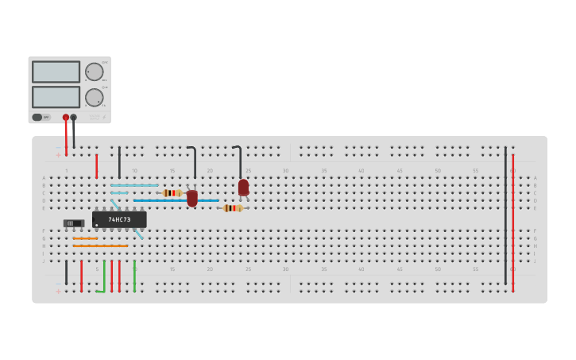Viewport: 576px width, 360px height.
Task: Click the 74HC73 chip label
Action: [x=119, y=219]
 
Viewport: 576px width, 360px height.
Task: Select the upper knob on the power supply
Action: [x=95, y=72]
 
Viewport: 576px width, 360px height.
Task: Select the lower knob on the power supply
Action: [x=95, y=98]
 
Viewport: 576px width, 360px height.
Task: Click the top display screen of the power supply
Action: [x=56, y=72]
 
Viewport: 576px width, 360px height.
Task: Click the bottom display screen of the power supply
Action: [x=56, y=97]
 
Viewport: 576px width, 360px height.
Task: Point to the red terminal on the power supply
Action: [x=66, y=118]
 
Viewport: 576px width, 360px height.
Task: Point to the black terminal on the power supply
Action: [x=74, y=118]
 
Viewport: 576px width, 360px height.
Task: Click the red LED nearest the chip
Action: [x=192, y=198]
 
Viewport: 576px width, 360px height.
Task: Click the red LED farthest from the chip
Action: [x=243, y=188]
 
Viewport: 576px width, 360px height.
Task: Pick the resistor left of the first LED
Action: [x=172, y=193]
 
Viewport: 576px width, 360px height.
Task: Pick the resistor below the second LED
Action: [x=232, y=208]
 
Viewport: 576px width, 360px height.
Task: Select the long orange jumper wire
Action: [x=100, y=246]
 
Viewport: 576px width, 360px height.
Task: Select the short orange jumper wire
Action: [x=85, y=238]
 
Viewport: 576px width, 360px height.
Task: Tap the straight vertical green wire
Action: [x=134, y=275]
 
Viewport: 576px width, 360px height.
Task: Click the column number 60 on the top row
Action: [x=512, y=171]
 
